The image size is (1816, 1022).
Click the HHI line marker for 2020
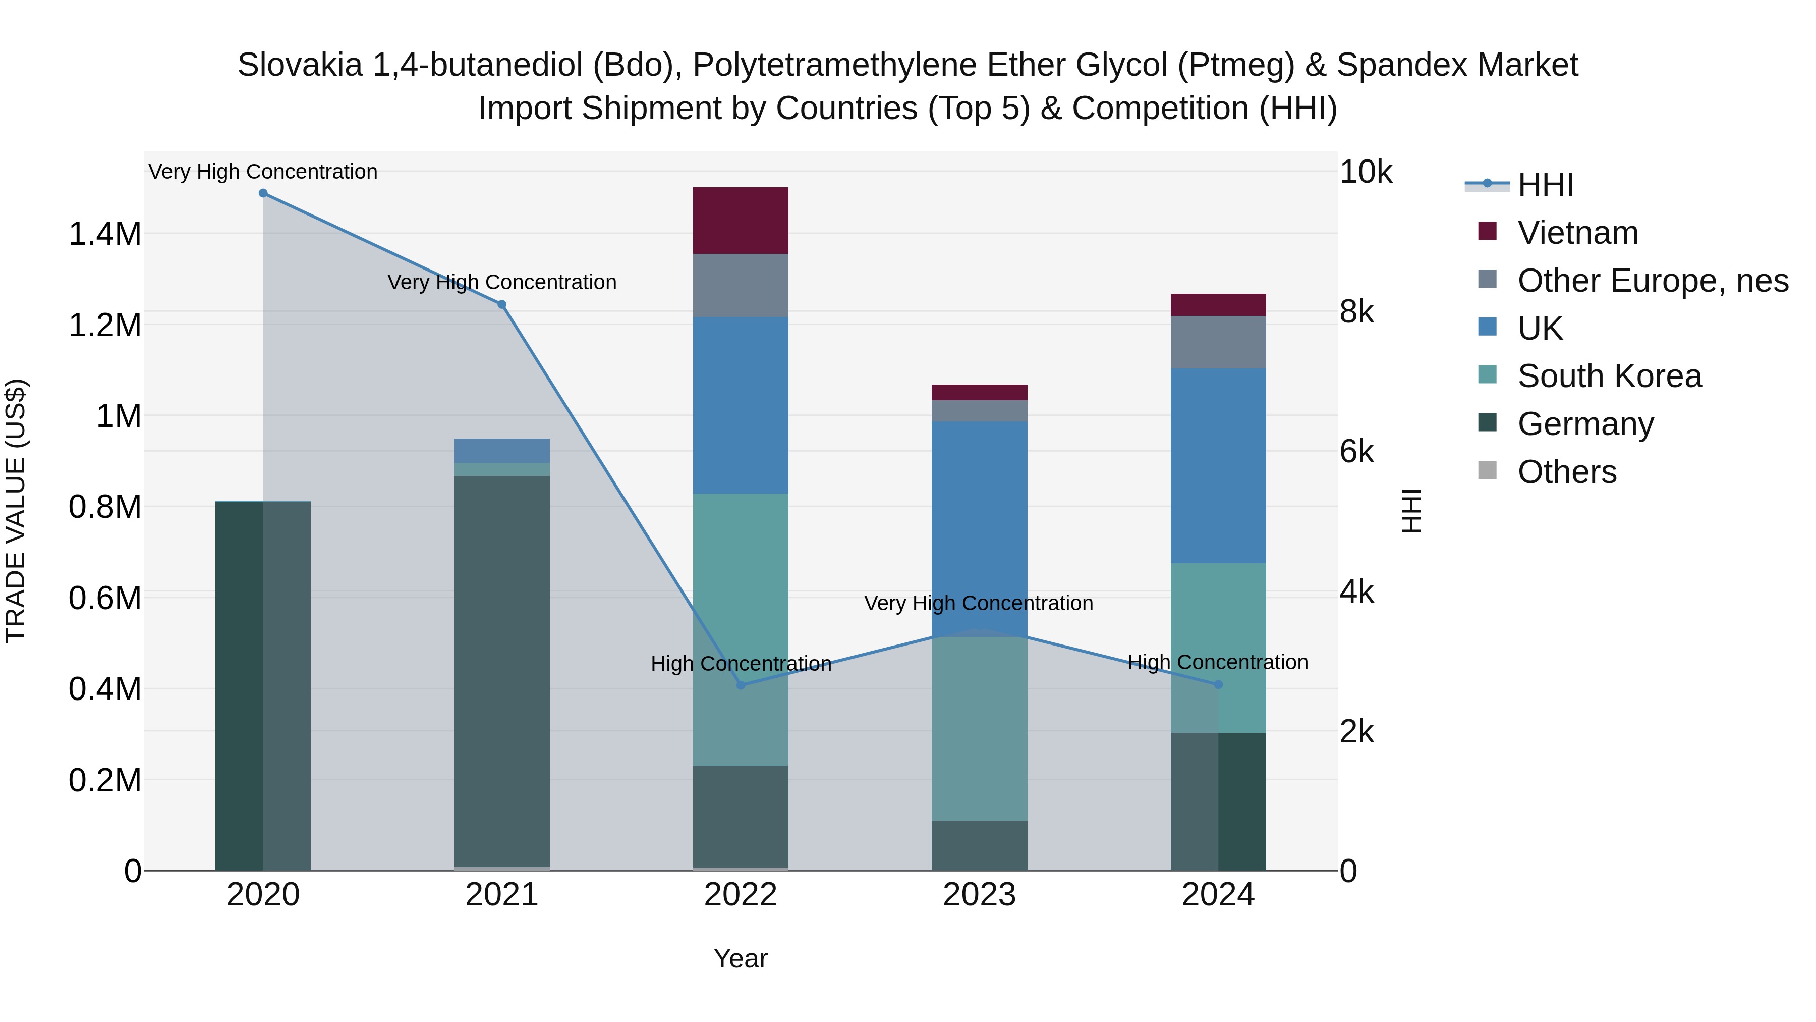coord(263,193)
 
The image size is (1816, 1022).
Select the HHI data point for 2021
coord(502,305)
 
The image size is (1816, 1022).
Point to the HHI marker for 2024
coord(1218,685)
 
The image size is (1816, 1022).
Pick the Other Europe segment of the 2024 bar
coord(1218,342)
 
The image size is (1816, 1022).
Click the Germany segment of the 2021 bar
coord(502,670)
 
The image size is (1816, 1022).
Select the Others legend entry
coord(1566,472)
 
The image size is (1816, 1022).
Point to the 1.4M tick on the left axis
coord(104,234)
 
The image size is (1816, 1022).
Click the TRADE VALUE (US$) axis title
coord(16,511)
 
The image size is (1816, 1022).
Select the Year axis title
coord(740,958)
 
